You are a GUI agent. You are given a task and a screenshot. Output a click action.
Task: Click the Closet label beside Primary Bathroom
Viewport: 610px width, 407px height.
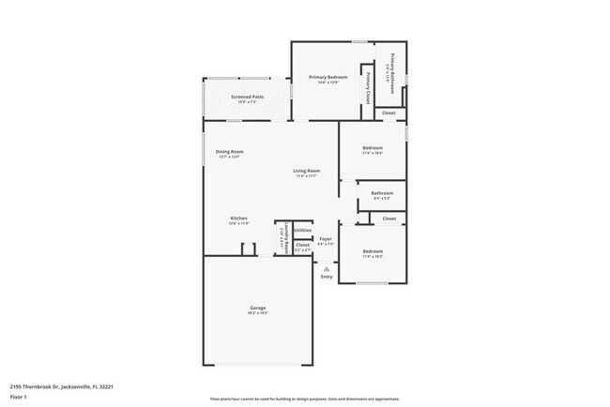(x=389, y=113)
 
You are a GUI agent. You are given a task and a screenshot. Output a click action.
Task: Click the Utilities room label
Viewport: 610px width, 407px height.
(x=302, y=230)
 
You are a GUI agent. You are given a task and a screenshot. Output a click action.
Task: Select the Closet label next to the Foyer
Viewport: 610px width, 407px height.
(x=302, y=246)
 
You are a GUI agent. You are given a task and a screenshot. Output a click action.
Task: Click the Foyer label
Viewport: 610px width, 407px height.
(x=326, y=239)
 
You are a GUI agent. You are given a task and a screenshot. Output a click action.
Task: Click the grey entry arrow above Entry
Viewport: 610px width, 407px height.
(x=327, y=268)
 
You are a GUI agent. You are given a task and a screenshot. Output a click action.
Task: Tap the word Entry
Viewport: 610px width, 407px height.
(x=327, y=277)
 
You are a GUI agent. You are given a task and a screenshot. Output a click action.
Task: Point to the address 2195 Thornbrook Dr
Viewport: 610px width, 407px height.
(x=56, y=384)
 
